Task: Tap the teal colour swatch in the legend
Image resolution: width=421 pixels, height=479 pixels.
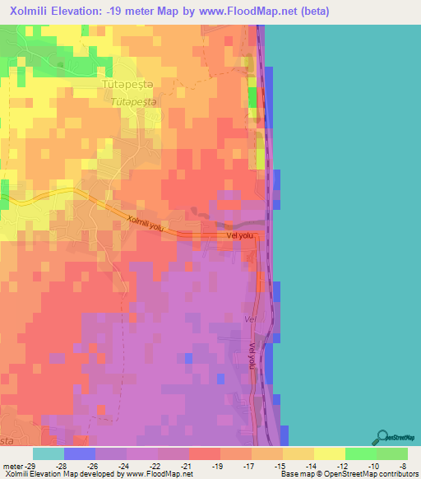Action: point(49,453)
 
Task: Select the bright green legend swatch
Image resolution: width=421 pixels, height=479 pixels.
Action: point(360,453)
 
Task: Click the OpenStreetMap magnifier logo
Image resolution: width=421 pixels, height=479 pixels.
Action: point(382,437)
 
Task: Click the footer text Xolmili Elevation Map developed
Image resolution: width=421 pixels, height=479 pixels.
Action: point(49,475)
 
